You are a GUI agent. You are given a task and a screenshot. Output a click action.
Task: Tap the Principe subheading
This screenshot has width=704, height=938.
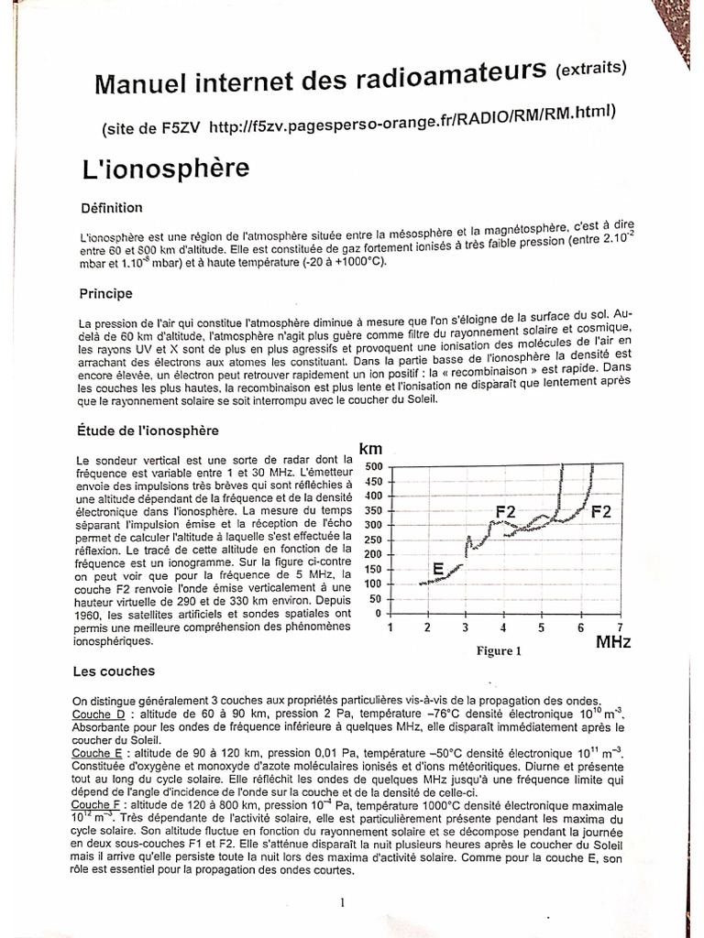point(106,294)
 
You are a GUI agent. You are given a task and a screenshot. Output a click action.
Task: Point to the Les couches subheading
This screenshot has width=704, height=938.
point(114,671)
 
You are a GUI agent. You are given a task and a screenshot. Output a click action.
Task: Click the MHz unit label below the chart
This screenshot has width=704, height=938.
point(613,642)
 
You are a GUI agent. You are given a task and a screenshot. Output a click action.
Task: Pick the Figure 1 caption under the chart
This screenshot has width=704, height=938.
point(499,651)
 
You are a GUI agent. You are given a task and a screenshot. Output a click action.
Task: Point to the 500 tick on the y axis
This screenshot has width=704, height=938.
point(375,466)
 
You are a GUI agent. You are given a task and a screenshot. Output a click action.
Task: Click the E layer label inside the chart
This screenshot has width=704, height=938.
point(438,569)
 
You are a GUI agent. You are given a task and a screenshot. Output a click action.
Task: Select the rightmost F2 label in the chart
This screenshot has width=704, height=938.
point(600,511)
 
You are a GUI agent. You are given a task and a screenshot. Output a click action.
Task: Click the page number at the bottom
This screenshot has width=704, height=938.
point(342,902)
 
